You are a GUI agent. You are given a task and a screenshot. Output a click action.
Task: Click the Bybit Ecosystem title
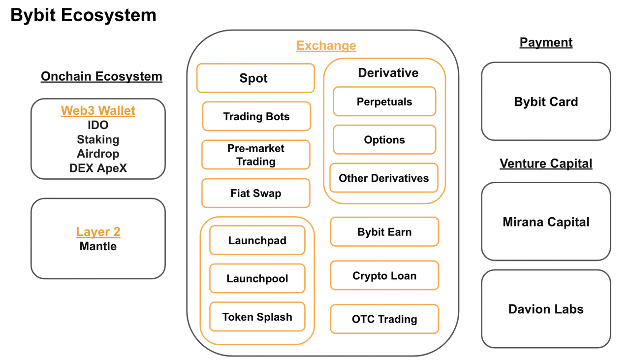coord(83,15)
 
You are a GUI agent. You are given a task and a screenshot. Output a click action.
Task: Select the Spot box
coord(255,78)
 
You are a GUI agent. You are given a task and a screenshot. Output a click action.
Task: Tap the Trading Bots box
coord(256,117)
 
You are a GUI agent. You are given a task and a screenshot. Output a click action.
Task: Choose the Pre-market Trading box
coord(255,155)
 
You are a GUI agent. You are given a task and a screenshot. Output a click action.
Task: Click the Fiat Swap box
coord(255,193)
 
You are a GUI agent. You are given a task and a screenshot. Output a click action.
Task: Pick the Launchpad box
coord(257,240)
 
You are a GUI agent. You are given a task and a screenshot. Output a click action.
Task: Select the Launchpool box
coord(257,279)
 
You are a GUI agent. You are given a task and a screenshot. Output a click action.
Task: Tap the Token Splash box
coord(257,317)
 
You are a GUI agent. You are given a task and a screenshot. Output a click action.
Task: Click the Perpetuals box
coord(384,102)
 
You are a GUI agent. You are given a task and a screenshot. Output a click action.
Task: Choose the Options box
coord(384,140)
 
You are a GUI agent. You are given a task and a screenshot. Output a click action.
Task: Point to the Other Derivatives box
coord(383,178)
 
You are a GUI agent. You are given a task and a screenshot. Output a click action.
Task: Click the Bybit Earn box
coord(384,232)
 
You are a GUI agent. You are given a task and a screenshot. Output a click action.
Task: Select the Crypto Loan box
coord(384,276)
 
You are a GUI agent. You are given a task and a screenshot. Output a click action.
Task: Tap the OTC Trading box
coord(384,319)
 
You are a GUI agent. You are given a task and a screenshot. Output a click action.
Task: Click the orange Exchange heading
coord(326,46)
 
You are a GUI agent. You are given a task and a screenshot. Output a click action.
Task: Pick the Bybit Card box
coord(546,102)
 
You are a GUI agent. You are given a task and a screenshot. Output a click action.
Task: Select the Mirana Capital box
coord(546,222)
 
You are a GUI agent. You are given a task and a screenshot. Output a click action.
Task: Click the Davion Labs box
coord(546,309)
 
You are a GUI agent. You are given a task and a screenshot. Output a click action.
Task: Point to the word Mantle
coord(98,246)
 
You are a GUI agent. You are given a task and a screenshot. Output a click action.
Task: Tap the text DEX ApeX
coord(98,168)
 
